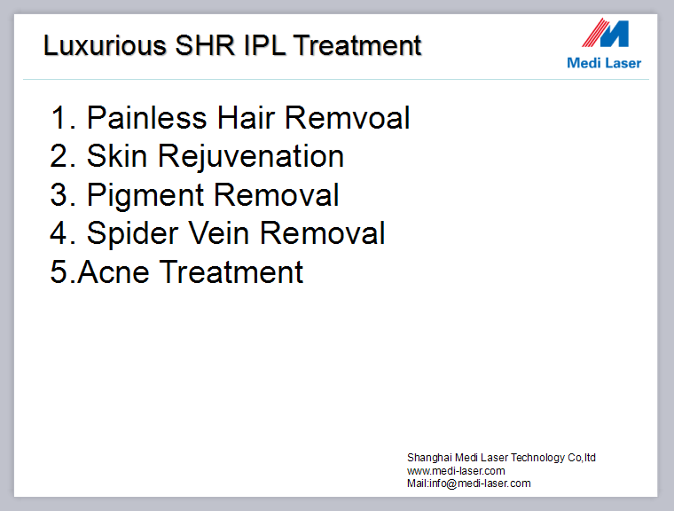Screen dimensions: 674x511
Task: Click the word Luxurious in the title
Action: [105, 45]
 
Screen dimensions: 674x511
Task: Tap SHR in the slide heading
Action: [206, 45]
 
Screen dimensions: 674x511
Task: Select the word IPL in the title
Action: [265, 45]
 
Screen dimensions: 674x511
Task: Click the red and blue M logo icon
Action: [606, 33]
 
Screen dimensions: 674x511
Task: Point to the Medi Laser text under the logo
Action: [604, 63]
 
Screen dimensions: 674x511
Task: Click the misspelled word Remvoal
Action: [347, 117]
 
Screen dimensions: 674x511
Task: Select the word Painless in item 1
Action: [147, 117]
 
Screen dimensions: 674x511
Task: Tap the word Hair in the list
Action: [246, 117]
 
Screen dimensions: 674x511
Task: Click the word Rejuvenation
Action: [251, 156]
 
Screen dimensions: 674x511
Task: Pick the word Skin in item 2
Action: [117, 156]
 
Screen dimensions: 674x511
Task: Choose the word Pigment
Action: [145, 196]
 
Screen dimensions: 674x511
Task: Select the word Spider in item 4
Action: [132, 234]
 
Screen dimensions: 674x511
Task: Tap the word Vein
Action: [219, 233]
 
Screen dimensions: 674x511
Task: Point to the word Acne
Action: [114, 272]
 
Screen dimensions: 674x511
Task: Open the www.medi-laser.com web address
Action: [456, 470]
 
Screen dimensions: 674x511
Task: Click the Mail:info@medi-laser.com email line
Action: [469, 483]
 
